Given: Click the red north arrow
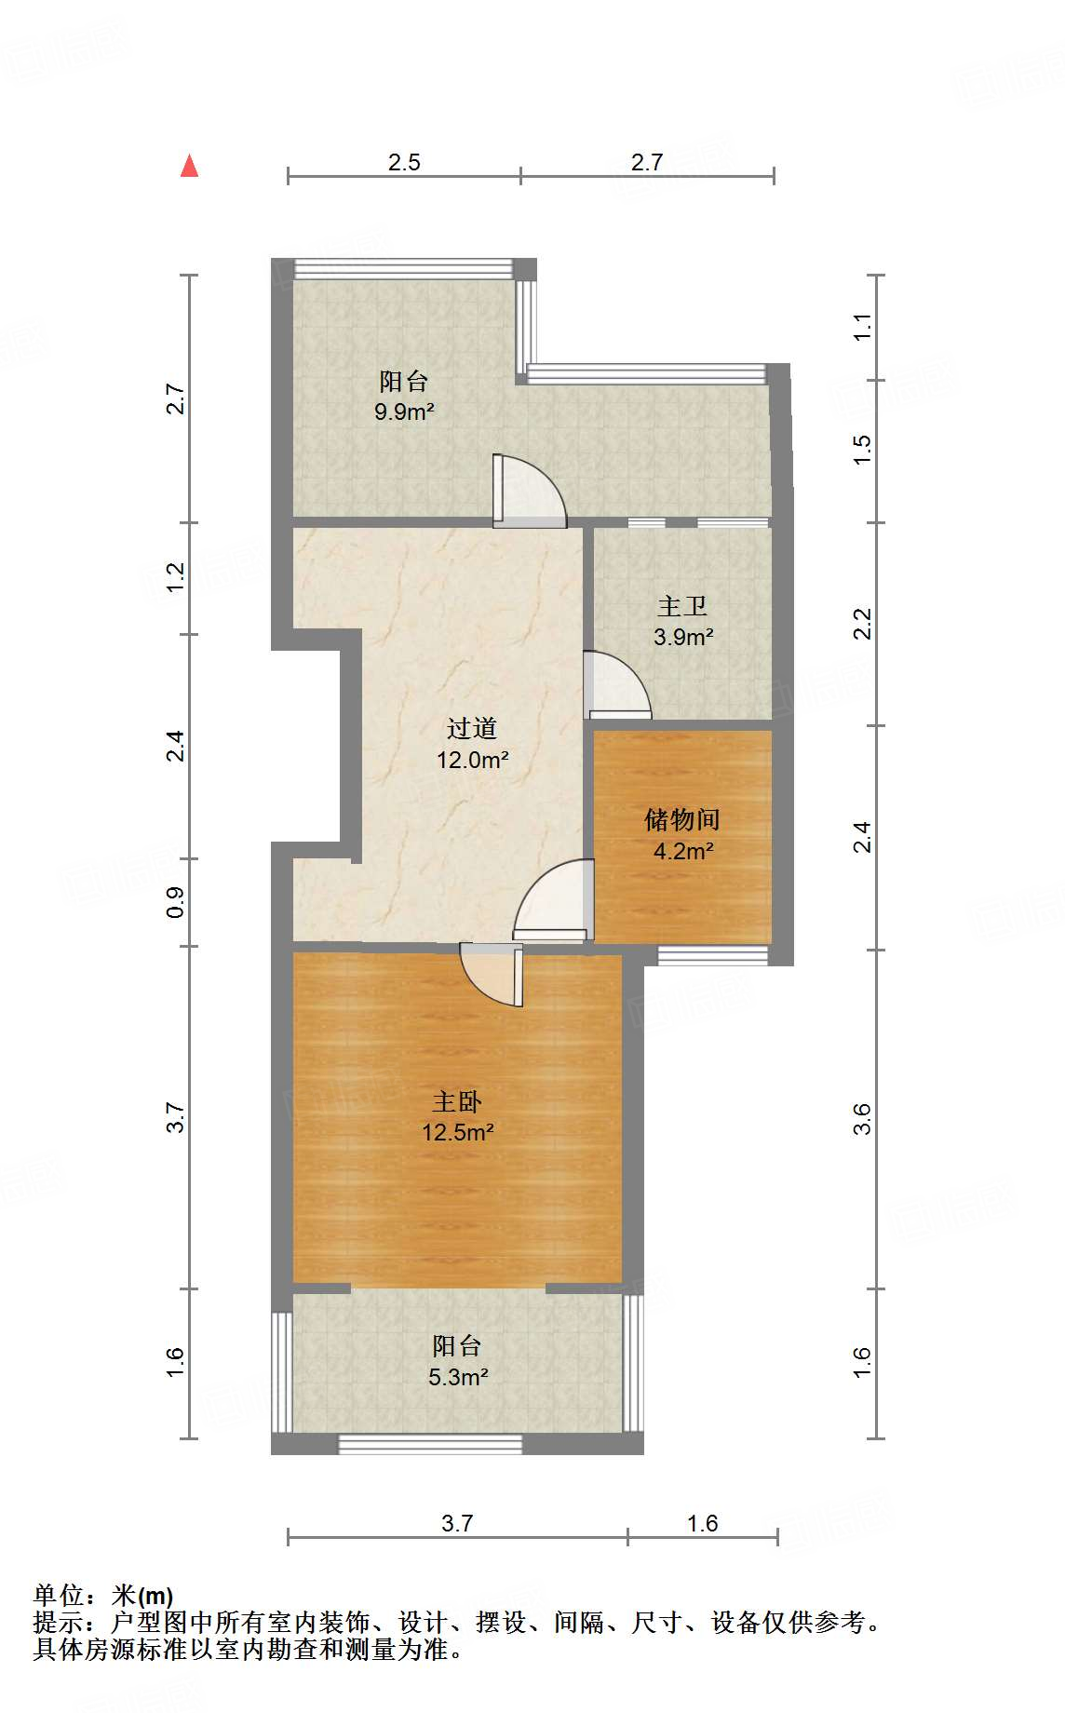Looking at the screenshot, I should tap(190, 167).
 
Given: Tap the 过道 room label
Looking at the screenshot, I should tap(472, 729).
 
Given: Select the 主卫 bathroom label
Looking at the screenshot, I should tap(682, 607).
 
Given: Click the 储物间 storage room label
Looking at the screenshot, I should tap(682, 820).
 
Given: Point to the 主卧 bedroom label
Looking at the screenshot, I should tap(457, 1102).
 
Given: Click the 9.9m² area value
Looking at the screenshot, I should tap(404, 411).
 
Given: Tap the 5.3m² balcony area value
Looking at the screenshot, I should tap(458, 1377).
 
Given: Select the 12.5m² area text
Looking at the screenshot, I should tap(457, 1133).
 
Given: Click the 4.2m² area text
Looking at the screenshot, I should tap(683, 851).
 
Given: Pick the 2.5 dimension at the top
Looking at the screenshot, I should tap(404, 163).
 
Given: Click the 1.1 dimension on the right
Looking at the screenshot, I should tap(863, 327).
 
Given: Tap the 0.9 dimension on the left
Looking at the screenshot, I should tap(176, 902).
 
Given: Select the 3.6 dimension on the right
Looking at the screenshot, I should tap(863, 1118).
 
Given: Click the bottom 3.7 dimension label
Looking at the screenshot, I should tap(457, 1524).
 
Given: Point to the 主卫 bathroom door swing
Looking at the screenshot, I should tap(614, 687).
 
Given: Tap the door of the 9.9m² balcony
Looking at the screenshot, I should tap(529, 491).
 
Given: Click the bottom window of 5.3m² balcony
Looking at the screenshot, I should tap(430, 1444).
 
